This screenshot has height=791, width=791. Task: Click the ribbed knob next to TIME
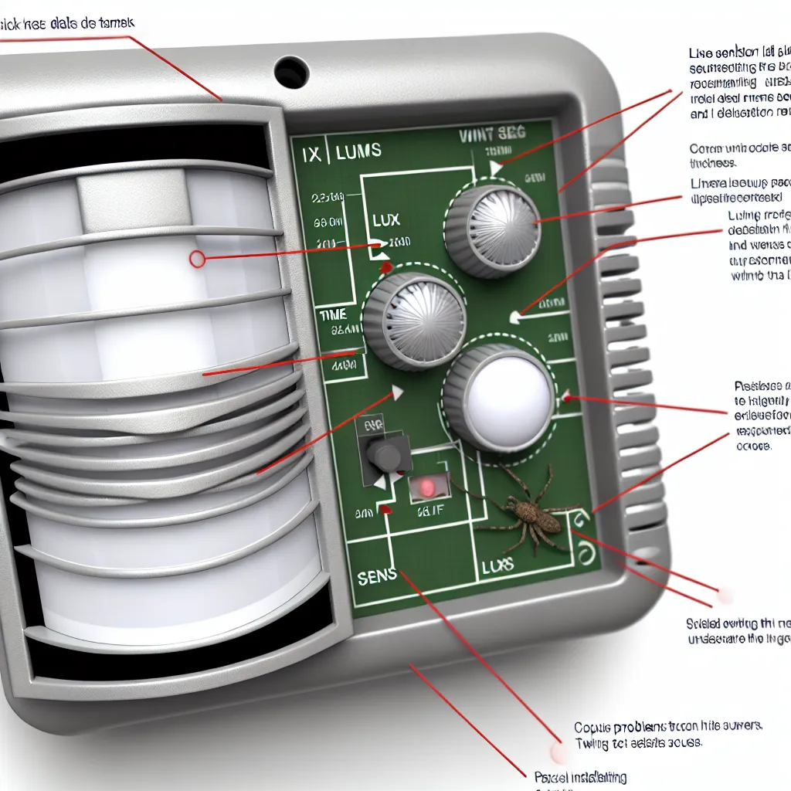[x=415, y=321]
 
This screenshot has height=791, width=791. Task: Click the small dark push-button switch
[x=384, y=453]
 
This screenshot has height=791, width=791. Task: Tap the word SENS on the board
[x=377, y=575]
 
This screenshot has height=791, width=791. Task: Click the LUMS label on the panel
[x=358, y=151]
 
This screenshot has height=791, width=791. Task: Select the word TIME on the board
[x=333, y=315]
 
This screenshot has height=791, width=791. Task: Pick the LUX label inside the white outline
[x=386, y=220]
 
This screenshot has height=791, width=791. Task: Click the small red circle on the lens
[x=197, y=260]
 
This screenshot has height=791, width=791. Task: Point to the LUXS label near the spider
[x=497, y=566]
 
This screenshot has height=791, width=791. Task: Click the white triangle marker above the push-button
[x=399, y=393]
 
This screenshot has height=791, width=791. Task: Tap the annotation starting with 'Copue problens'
[x=668, y=727]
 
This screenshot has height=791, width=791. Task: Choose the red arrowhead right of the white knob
[x=568, y=398]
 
